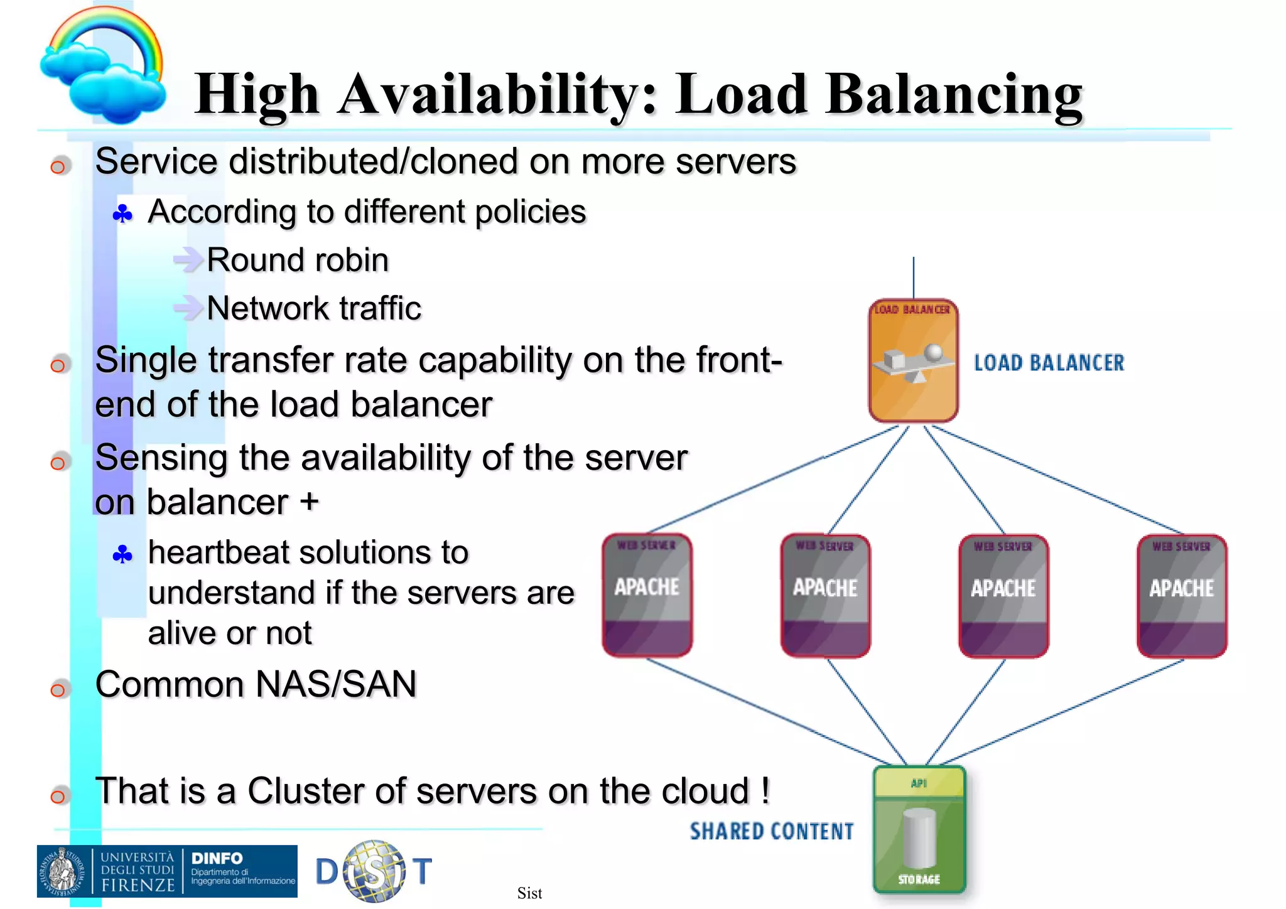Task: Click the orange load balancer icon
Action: pos(913,361)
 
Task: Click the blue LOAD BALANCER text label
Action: pos(1049,363)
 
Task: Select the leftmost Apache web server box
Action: pos(647,594)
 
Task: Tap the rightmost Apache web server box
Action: pos(1181,596)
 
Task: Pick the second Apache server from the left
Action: pos(825,596)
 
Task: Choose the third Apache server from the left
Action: pos(1003,596)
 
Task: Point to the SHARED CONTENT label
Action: pos(771,831)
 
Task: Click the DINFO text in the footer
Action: pos(217,858)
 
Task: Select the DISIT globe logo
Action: pos(374,871)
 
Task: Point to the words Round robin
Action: pos(298,260)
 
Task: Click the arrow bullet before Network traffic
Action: pos(187,308)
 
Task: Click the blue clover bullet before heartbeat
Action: pos(122,554)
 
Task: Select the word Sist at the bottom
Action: pos(529,893)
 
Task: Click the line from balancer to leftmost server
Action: pos(772,480)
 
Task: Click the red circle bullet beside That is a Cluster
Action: pos(58,796)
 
